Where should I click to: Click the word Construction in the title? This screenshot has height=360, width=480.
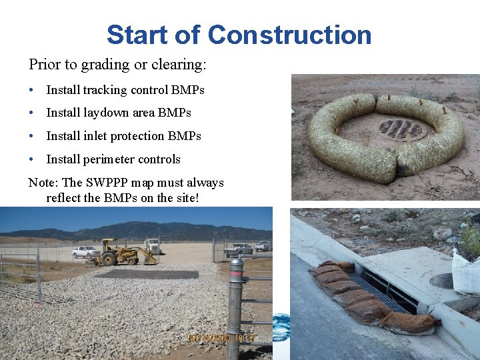click(289, 35)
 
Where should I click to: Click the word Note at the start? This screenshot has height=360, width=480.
click(41, 183)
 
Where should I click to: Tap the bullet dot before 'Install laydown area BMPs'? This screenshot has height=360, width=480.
click(32, 113)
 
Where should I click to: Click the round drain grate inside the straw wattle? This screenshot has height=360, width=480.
click(400, 129)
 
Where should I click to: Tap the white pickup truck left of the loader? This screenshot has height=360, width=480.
click(85, 252)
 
